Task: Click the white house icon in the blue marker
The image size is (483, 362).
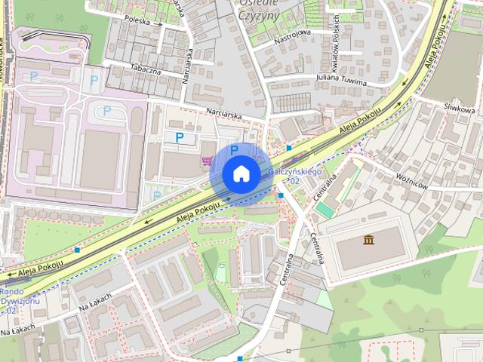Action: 241,173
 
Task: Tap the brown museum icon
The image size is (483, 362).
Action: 368,241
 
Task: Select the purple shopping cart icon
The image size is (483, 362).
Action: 206,160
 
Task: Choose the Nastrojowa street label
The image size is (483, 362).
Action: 293,32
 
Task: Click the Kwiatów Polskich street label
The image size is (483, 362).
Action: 337,38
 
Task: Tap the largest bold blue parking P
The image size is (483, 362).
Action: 180,137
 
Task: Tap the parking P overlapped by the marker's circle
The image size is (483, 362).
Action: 234,149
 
